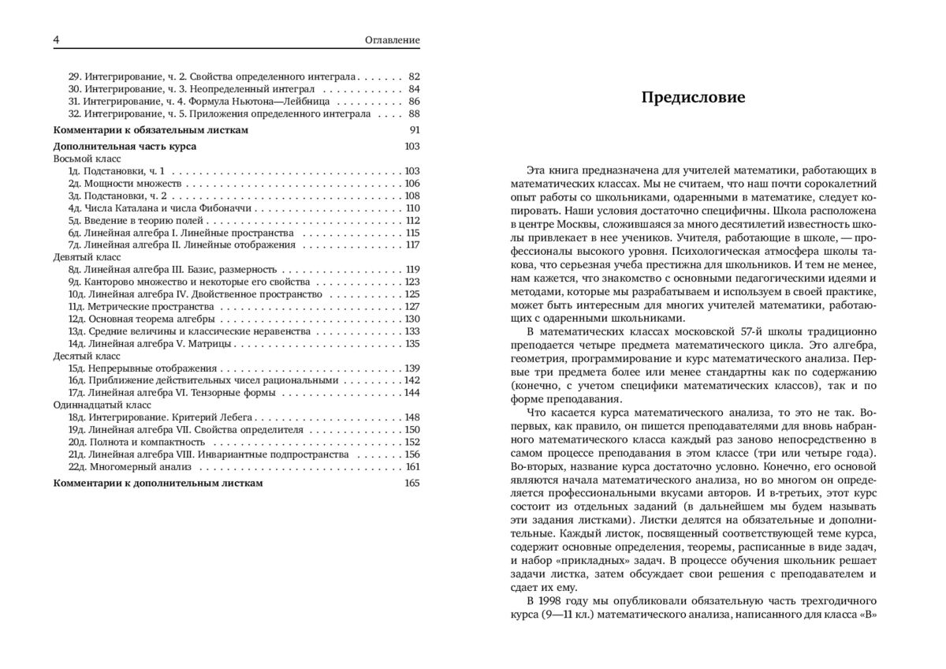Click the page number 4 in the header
56,40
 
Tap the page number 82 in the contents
415,77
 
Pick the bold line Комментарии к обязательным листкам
151,129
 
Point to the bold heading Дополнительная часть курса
125,146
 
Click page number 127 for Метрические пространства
412,306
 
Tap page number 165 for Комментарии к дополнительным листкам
412,483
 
